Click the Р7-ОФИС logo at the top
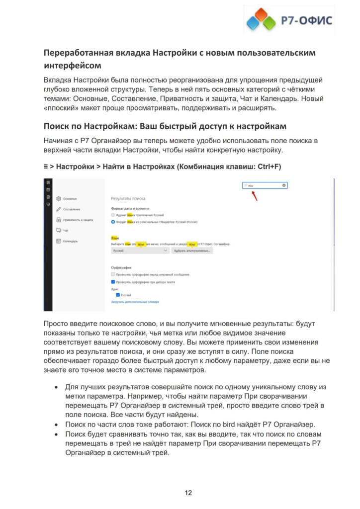(288, 20)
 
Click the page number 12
(188, 493)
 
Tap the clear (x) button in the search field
(284, 185)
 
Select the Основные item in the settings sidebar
(70, 199)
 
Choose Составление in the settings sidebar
(72, 209)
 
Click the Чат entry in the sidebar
(66, 231)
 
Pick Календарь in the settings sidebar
(71, 241)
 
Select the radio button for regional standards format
(113, 222)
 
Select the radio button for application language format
(113, 215)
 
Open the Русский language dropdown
(141, 251)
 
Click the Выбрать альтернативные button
(192, 251)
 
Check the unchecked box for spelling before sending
(113, 274)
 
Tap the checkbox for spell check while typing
(113, 282)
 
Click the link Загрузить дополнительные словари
(135, 302)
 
